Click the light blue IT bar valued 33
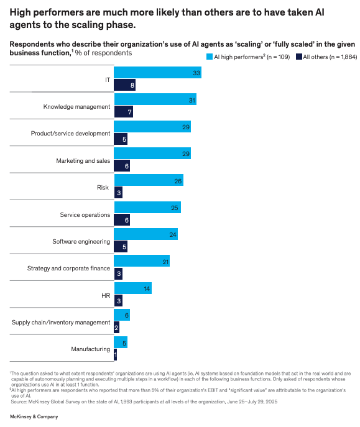[x=157, y=73]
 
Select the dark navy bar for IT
[x=124, y=86]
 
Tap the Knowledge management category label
[x=76, y=107]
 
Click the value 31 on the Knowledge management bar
[x=192, y=100]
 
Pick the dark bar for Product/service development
[x=121, y=139]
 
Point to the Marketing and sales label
[x=83, y=160]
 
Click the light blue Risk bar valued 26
[x=148, y=181]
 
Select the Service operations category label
[x=85, y=215]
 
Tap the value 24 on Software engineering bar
[x=173, y=235]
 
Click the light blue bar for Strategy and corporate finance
[x=141, y=262]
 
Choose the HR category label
[x=106, y=295]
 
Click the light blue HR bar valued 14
[x=132, y=288]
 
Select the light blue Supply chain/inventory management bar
[x=121, y=315]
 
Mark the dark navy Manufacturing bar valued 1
[x=115, y=354]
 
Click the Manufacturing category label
[x=90, y=349]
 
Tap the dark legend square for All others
[x=299, y=56]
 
